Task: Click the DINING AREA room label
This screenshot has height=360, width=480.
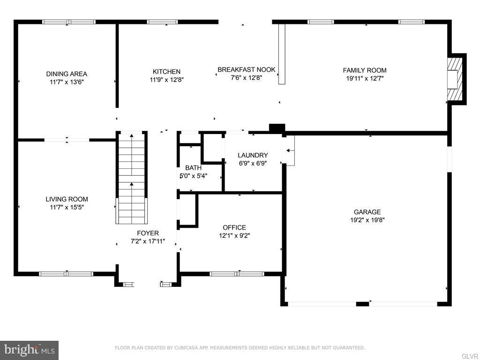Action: (x=67, y=74)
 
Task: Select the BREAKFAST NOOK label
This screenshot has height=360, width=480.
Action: (x=246, y=70)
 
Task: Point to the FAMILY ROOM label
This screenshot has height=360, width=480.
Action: (x=365, y=70)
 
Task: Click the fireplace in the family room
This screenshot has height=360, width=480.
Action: (x=455, y=78)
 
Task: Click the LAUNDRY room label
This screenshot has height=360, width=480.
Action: (x=253, y=155)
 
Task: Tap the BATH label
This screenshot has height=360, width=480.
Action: (x=193, y=168)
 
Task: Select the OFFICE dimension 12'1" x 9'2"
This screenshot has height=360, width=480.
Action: (x=234, y=236)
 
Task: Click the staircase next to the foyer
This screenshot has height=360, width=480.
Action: (x=132, y=178)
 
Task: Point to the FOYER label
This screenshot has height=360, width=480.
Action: (x=148, y=233)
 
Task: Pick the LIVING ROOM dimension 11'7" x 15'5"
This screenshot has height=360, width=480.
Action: (x=67, y=207)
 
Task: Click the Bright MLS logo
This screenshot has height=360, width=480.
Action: (x=29, y=350)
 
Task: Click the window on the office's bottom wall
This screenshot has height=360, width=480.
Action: (x=237, y=274)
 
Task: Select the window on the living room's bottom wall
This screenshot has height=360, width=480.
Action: (x=66, y=274)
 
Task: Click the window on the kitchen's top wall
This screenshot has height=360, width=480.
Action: (x=162, y=22)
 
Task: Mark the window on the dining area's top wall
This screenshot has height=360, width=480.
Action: (x=69, y=22)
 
